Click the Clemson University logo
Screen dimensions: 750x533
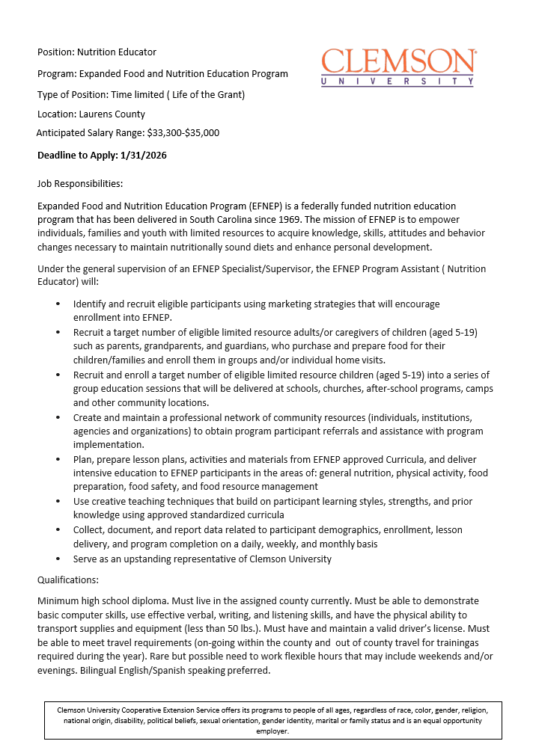[398, 67]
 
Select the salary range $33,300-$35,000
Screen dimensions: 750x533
[183, 133]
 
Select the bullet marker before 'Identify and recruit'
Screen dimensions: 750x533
[58, 305]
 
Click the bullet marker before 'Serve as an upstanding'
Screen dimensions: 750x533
[58, 559]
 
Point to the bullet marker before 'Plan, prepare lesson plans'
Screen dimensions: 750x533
[58, 460]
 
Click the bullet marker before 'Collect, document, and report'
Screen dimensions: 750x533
[58, 530]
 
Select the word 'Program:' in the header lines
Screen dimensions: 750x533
[57, 74]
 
